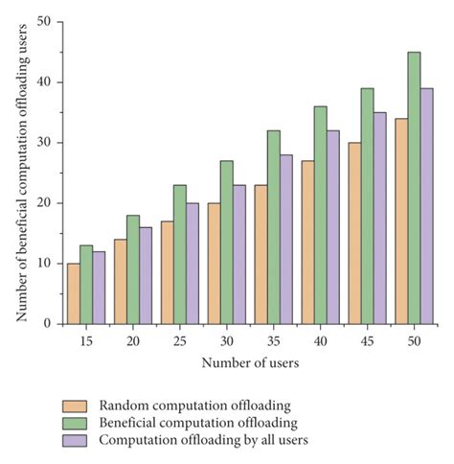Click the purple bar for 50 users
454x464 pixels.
click(x=426, y=206)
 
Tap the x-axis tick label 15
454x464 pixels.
click(x=86, y=339)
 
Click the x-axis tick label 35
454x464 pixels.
click(x=274, y=339)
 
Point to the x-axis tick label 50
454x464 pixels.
click(x=414, y=339)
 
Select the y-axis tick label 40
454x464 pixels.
click(x=43, y=82)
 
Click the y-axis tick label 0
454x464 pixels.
click(x=47, y=324)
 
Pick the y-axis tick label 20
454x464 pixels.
click(x=43, y=203)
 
